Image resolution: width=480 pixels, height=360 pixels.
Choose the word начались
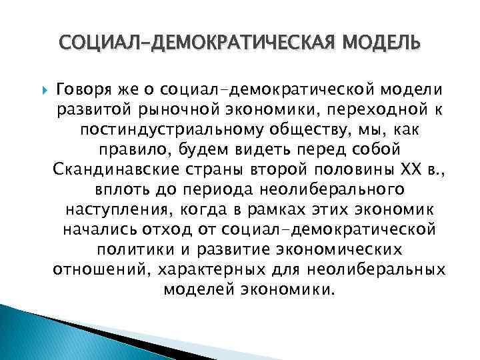[98, 229]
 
